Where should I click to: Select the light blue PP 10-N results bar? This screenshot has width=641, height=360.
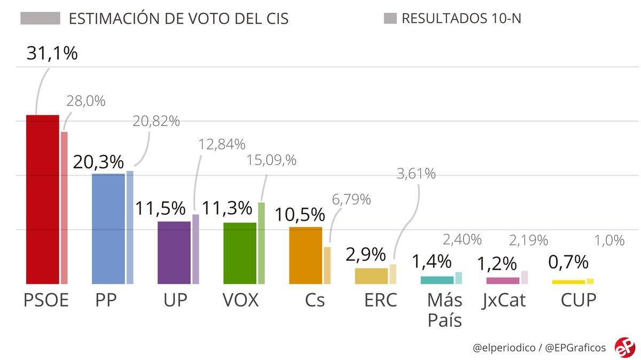tap(130, 228)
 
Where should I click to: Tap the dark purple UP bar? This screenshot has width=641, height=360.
tap(174, 253)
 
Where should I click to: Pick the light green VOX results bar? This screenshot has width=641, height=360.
tap(261, 243)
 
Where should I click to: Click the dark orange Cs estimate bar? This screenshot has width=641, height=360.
tap(306, 255)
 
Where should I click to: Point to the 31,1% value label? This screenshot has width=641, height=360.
tap(52, 53)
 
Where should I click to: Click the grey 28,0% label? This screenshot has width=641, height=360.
tap(85, 101)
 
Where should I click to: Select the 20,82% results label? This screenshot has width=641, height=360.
tap(156, 121)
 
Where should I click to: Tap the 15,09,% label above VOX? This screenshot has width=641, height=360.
tap(271, 160)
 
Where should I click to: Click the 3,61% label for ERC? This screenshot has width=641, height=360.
tap(416, 174)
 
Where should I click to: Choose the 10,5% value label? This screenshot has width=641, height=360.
tap(300, 215)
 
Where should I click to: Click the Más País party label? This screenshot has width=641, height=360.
tap(444, 310)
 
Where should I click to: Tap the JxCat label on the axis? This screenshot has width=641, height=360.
tap(503, 300)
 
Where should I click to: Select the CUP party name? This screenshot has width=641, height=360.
tap(578, 300)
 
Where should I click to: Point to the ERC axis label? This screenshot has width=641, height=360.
tap(380, 300)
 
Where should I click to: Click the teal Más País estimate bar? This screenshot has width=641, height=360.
tap(437, 280)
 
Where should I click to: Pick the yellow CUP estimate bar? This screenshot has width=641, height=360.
tap(568, 282)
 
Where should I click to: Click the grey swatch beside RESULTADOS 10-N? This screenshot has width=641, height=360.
tap(390, 19)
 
